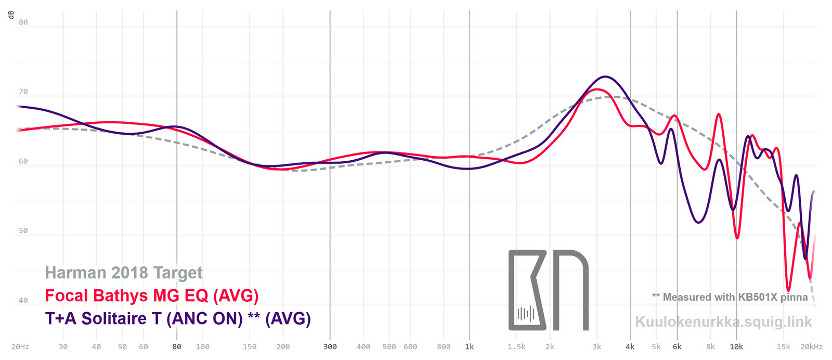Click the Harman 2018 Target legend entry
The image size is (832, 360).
pyautogui.click(x=124, y=273)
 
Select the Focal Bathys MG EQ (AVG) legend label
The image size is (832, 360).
pyautogui.click(x=152, y=295)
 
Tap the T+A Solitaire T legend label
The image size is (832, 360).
pyautogui.click(x=178, y=318)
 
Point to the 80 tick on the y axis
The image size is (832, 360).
pyautogui.click(x=23, y=22)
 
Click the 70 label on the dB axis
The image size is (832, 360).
pyautogui.click(x=23, y=92)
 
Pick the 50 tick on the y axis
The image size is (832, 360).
pyautogui.click(x=23, y=230)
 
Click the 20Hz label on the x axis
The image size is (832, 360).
pyautogui.click(x=20, y=347)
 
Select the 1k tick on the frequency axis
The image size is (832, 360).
pyautogui.click(x=470, y=347)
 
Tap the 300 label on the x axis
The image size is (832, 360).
pyautogui.click(x=330, y=347)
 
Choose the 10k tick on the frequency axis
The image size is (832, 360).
pyautogui.click(x=736, y=347)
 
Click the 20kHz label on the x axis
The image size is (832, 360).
pyautogui.click(x=811, y=347)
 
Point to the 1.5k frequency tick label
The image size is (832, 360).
pyautogui.click(x=516, y=347)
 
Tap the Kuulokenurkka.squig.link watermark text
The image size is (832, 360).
pyautogui.click(x=723, y=322)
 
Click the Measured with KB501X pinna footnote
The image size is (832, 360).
pyautogui.click(x=730, y=297)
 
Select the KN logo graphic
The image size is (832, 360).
pyautogui.click(x=548, y=290)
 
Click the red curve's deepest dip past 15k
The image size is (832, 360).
pyautogui.click(x=789, y=290)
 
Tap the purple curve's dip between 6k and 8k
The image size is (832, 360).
pyautogui.click(x=698, y=223)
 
